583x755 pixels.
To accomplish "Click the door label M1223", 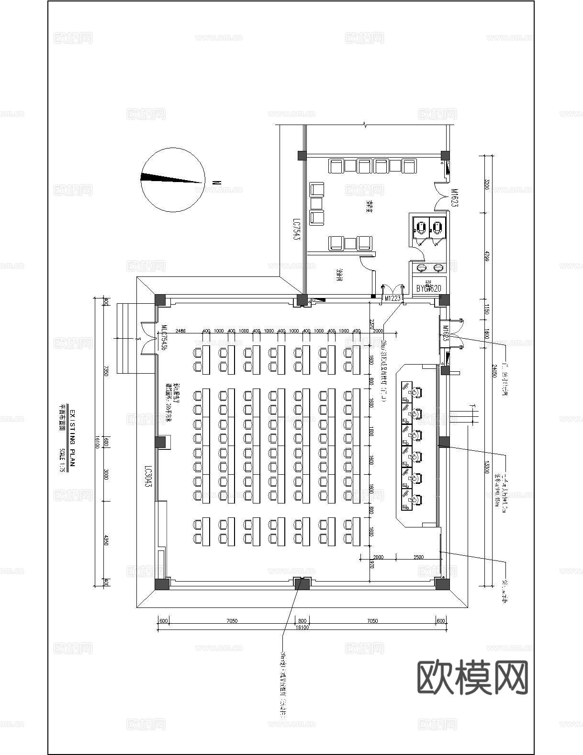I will (x=392, y=298).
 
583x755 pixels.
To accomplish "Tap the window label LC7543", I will (x=296, y=230).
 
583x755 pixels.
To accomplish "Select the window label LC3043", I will (x=148, y=476).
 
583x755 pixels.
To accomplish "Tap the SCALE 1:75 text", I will (x=62, y=460).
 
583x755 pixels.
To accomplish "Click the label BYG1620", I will (x=428, y=288).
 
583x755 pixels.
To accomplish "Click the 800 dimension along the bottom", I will (x=302, y=621).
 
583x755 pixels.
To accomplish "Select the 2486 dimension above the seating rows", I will (x=181, y=331).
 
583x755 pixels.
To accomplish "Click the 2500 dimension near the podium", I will (x=418, y=557).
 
